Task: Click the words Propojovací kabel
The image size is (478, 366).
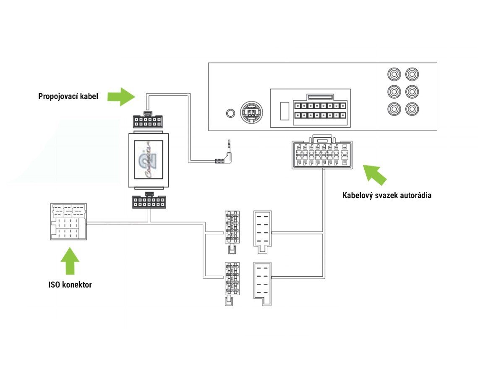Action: tap(68, 97)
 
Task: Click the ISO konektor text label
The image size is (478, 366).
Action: tap(70, 285)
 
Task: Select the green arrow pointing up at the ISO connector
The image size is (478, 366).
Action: tap(70, 260)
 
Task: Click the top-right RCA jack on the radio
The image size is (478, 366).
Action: tap(412, 74)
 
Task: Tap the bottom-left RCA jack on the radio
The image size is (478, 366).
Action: tap(394, 109)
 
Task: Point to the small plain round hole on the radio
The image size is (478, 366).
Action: tap(230, 113)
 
